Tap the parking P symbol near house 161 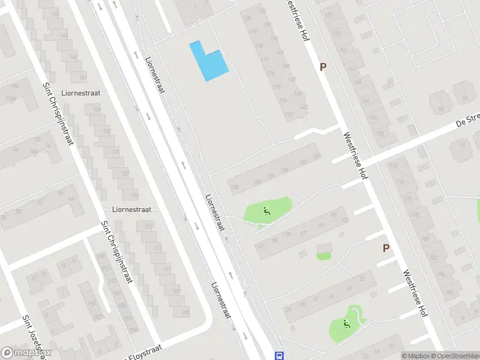323,67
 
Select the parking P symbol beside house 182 386,248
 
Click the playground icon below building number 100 266,211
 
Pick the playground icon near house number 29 346,324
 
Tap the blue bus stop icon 278,355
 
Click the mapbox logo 26,353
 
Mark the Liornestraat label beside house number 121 131,209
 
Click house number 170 379,134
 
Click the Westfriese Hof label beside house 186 415,293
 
